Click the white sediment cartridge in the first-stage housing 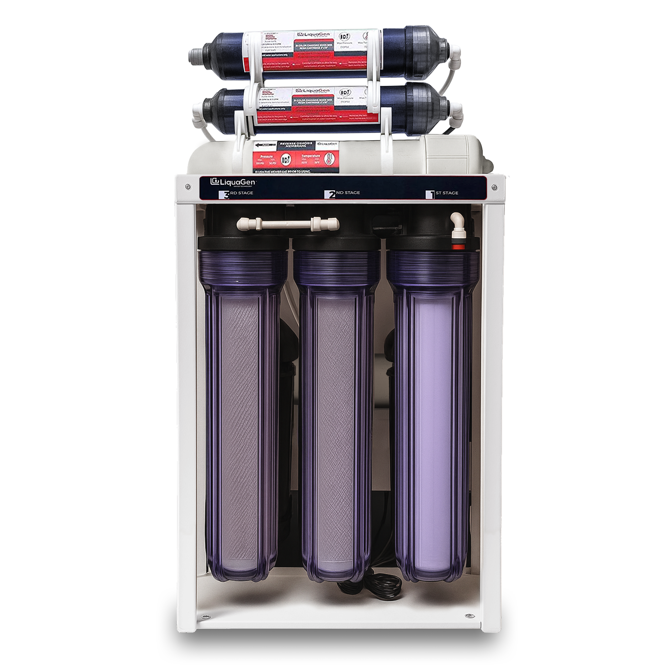[x=433, y=433]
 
